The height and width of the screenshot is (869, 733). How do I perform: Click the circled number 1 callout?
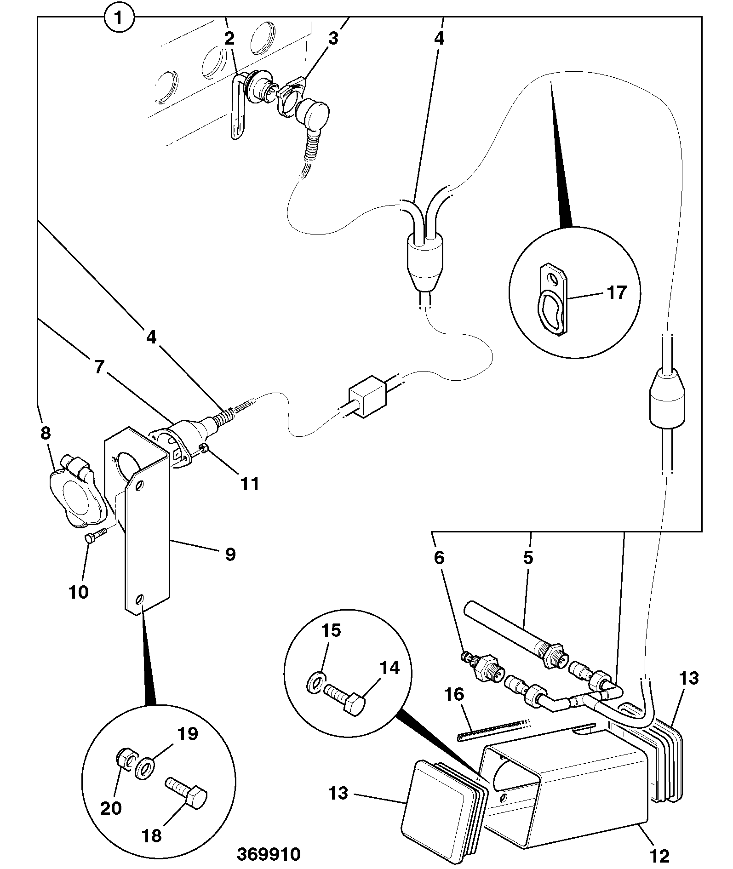pos(119,18)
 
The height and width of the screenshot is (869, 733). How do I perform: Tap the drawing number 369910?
pos(269,854)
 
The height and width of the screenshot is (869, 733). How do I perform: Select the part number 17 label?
pos(617,292)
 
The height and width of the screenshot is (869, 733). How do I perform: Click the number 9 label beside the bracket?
pos(230,554)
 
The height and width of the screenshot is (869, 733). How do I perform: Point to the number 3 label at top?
pos(332,39)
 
